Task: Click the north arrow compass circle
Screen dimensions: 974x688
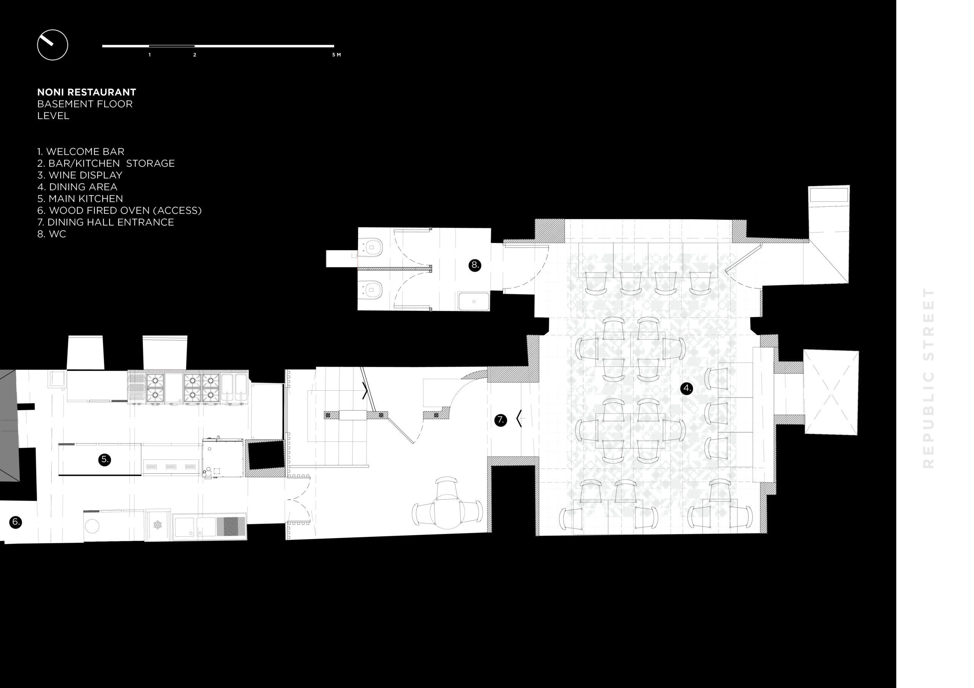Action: (53, 30)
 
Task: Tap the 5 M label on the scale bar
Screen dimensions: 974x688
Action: (336, 55)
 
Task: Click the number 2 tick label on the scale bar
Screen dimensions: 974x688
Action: (195, 55)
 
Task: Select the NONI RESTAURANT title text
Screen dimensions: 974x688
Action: (86, 92)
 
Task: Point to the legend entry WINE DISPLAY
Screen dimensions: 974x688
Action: (80, 175)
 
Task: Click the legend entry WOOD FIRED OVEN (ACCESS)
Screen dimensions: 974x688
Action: (119, 210)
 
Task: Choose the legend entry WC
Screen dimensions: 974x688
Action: (52, 234)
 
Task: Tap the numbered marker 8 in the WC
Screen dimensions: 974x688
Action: (475, 265)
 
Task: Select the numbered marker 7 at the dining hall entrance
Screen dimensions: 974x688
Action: (501, 420)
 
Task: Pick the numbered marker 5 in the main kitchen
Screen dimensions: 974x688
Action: (104, 460)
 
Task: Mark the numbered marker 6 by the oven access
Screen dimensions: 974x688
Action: (16, 522)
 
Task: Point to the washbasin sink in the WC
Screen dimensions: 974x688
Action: (474, 301)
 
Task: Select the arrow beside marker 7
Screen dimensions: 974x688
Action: (519, 419)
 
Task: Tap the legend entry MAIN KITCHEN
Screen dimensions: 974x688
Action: (80, 198)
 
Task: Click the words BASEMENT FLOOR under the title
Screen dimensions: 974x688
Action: (85, 104)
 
